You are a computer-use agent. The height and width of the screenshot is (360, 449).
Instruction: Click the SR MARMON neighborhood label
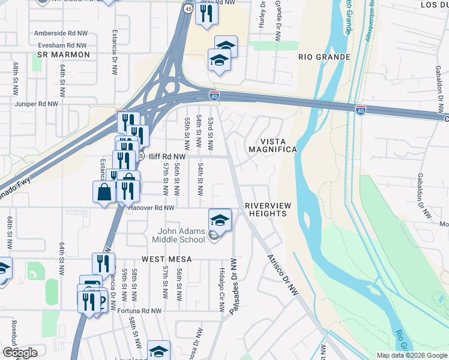tap(63, 55)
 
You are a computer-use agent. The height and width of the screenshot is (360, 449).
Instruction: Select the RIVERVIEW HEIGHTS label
tap(268, 210)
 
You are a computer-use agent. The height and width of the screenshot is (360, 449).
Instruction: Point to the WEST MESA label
tap(166, 259)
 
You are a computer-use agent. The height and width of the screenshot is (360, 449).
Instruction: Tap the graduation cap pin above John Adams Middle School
tap(220, 220)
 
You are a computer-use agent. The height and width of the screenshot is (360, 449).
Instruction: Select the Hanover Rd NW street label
tap(151, 208)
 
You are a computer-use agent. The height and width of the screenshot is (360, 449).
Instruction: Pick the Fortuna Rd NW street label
tap(139, 311)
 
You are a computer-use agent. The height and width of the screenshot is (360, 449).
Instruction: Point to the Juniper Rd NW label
tap(37, 104)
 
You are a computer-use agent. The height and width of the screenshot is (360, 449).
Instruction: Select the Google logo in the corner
tap(20, 353)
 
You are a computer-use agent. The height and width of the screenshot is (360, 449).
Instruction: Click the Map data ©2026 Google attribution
tap(412, 355)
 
